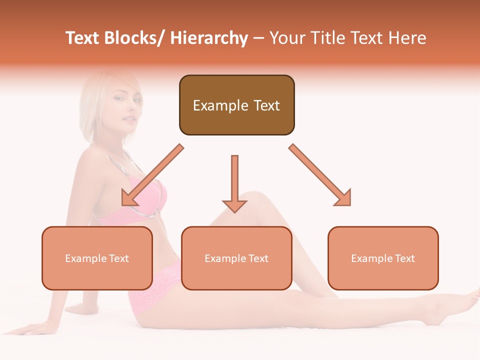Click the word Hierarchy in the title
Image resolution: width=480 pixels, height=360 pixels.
coord(209,38)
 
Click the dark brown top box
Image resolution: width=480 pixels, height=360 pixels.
coord(236,105)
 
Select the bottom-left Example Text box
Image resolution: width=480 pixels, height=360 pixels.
coord(97,258)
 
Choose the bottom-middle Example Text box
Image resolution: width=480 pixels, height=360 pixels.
coord(236,258)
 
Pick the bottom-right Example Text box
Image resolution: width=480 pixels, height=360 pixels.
coord(383,258)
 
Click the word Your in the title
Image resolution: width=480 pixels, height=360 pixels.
coord(286,38)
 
